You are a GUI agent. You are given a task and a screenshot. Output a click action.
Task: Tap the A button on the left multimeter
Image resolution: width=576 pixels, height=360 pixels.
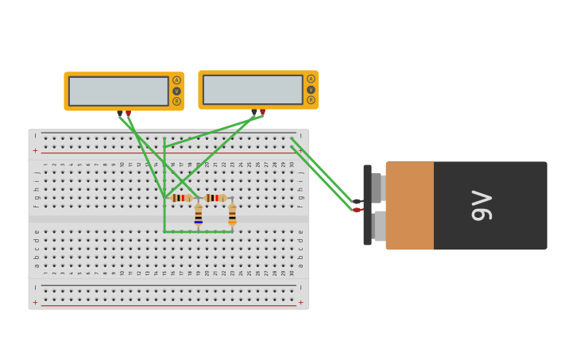[x=176, y=80]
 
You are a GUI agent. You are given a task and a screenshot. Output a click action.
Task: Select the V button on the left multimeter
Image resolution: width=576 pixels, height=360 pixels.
[x=176, y=91]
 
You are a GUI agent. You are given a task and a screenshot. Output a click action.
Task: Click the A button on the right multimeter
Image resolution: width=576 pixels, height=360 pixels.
[x=311, y=79]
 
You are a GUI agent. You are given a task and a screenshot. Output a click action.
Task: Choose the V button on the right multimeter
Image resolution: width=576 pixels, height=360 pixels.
[x=311, y=89]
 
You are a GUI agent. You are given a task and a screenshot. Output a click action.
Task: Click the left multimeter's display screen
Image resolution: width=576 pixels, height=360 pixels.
[x=118, y=91]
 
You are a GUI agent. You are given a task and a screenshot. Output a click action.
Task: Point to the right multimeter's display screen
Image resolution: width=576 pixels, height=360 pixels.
[x=253, y=90]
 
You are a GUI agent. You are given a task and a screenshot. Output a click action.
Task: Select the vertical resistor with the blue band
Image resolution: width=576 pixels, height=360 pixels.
[x=198, y=215]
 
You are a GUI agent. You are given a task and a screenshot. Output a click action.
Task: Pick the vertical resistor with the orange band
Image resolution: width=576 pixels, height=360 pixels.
[x=232, y=215]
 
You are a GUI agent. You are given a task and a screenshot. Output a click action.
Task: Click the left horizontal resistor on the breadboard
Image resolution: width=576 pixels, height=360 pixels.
[x=181, y=198]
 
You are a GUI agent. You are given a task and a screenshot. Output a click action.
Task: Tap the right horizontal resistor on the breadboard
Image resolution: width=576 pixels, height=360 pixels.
[x=215, y=198]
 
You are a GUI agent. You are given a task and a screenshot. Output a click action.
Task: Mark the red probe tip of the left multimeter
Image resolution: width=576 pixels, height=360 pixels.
[x=128, y=114]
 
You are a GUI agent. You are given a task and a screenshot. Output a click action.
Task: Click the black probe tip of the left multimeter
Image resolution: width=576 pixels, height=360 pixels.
[x=120, y=114]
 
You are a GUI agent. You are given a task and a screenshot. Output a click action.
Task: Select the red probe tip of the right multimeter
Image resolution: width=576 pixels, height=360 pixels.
[x=262, y=112]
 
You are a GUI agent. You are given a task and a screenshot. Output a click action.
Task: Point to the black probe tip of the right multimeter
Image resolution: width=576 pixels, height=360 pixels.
[x=254, y=112]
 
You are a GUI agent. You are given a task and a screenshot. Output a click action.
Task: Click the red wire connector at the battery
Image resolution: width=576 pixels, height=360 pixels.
[x=358, y=210]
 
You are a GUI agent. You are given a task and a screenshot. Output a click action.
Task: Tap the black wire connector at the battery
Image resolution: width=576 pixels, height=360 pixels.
[x=358, y=201]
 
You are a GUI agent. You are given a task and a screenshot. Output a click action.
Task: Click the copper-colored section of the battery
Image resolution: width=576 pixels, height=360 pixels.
[x=410, y=205]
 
